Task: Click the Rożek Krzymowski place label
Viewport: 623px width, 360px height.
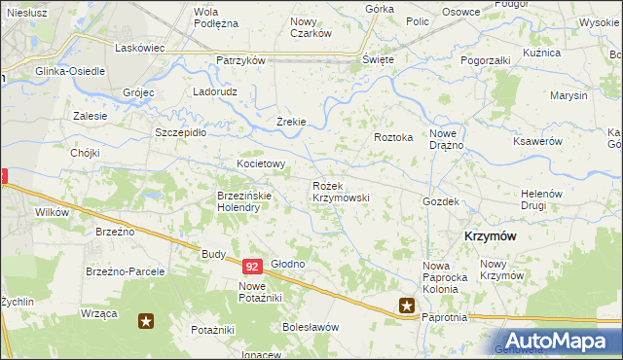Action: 340,191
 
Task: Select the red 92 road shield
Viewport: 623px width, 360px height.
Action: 252,266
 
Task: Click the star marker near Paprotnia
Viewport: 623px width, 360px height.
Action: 407,306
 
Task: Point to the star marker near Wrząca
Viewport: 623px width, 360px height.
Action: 146,320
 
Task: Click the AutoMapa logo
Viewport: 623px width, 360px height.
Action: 559,341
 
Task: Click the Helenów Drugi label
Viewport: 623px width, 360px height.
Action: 543,198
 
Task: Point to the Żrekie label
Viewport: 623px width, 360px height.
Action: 291,122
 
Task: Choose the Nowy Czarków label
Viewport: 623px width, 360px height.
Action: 311,26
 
